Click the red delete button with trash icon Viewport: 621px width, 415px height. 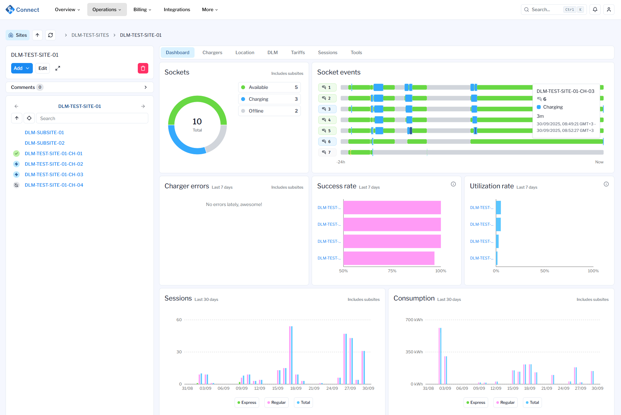click(143, 68)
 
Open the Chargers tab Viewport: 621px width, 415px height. click(212, 52)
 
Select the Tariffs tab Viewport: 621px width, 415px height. click(298, 52)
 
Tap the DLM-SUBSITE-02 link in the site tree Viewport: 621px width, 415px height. click(45, 143)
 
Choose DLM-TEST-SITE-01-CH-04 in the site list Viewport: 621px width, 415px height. click(54, 185)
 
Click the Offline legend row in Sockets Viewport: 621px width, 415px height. click(269, 111)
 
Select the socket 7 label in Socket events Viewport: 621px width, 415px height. click(327, 152)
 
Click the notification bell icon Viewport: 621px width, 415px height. click(595, 10)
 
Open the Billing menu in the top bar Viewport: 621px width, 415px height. click(142, 10)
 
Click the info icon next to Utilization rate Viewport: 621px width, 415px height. click(606, 184)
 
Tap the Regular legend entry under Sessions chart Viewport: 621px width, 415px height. click(276, 403)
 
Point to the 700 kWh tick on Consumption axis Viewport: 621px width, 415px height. click(414, 320)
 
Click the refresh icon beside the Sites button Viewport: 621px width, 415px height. click(51, 35)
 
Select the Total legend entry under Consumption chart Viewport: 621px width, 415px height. click(532, 403)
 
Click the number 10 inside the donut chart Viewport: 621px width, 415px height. click(197, 122)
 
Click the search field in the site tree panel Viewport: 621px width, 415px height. click(92, 118)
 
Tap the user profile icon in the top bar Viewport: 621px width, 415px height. click(609, 10)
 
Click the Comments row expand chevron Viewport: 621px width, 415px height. click(146, 87)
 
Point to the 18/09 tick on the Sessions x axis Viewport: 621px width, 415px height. click(296, 388)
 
